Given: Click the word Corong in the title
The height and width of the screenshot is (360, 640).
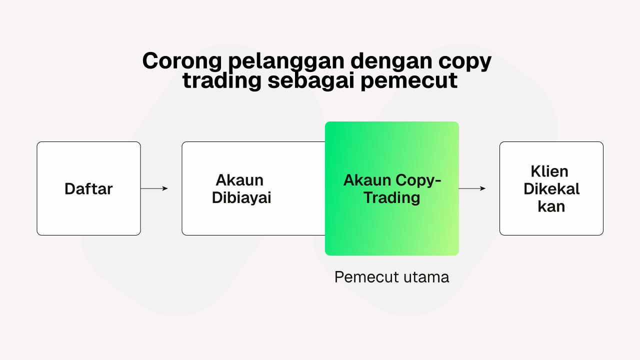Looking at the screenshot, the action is coord(182,61).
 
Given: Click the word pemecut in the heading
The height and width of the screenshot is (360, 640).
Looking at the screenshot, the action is coord(409,82).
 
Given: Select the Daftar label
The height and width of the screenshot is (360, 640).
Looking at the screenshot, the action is coord(88,189).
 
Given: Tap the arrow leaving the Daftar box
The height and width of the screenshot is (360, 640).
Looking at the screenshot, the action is coord(154,188).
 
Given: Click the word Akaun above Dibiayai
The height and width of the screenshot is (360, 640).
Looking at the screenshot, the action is coord(239,180).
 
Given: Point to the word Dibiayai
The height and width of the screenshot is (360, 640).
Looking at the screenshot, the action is coord(241,197).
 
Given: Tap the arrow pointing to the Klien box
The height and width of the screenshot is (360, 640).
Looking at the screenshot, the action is coord(472,188).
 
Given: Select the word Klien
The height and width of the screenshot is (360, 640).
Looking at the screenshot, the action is coord(549,171).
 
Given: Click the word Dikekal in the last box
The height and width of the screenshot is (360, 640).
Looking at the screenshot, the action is coord(551,189).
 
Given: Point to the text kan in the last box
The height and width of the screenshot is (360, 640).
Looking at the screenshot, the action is coord(551,206).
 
